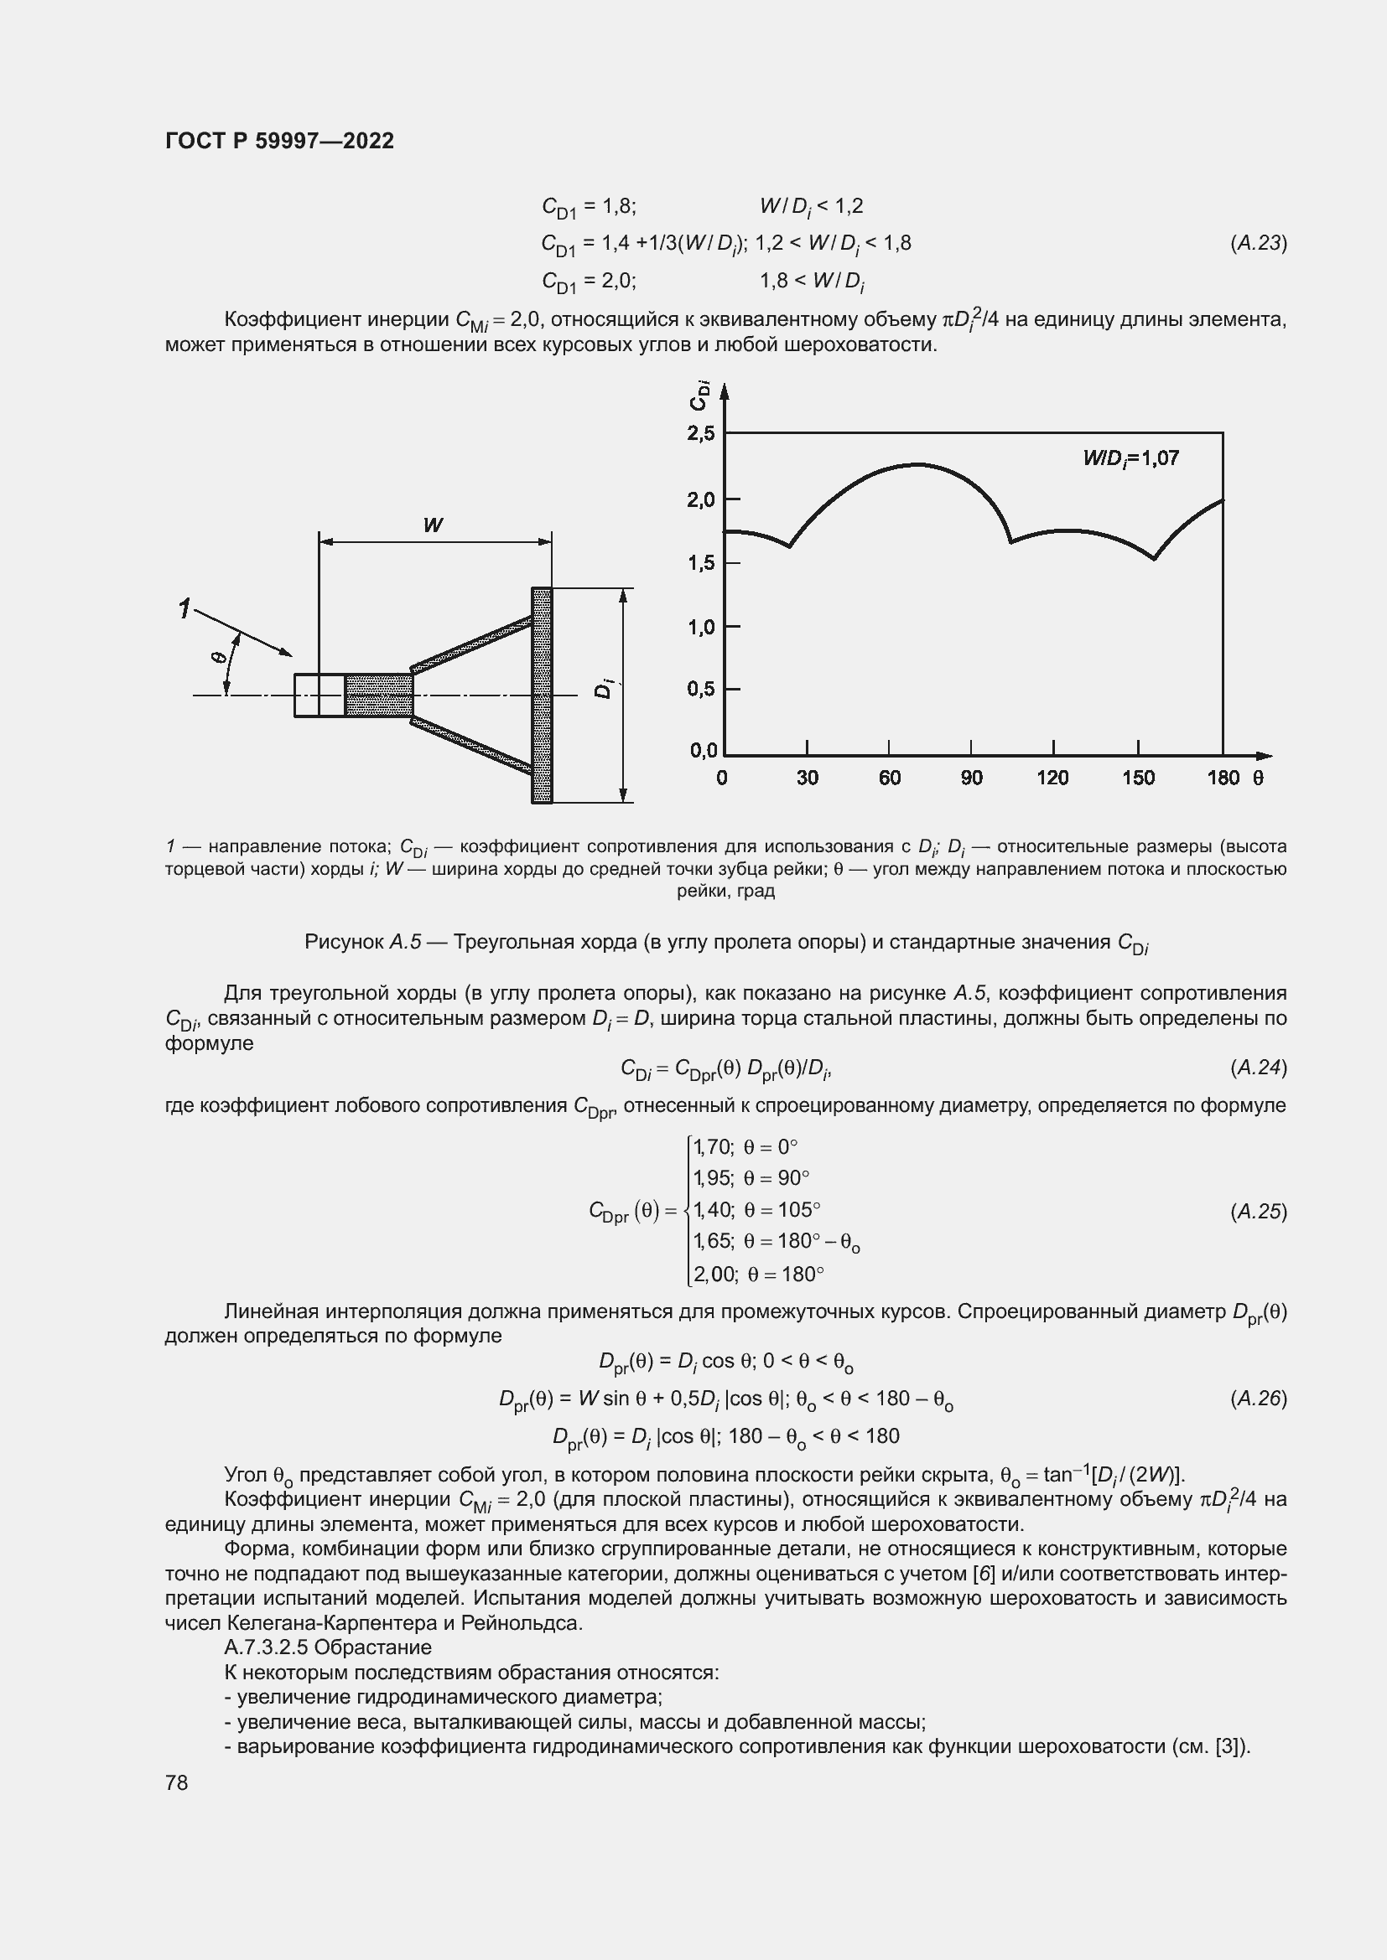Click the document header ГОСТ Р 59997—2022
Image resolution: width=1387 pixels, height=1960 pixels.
(279, 141)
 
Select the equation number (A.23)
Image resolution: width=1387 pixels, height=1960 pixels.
(1258, 243)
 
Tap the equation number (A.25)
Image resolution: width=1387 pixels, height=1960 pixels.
(1258, 1212)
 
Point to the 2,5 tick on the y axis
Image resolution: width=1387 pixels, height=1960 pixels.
(700, 434)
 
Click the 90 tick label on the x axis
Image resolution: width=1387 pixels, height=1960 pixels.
(971, 778)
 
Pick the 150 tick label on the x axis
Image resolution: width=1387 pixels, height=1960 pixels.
(1138, 778)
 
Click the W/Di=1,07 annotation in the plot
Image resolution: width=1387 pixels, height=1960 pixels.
(1130, 459)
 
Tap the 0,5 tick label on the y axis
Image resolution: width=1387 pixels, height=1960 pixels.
(700, 688)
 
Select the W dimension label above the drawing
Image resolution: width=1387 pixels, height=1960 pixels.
(433, 525)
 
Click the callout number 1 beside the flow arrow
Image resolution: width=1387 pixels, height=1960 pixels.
(184, 608)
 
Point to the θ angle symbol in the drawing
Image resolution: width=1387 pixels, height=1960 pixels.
(217, 657)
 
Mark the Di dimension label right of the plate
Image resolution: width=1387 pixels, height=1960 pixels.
(604, 687)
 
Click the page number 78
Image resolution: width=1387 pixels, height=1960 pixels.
(177, 1782)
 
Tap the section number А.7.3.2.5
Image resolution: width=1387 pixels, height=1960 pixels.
(267, 1647)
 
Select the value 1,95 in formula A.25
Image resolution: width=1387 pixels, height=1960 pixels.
(713, 1179)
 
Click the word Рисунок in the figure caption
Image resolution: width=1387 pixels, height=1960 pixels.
(344, 942)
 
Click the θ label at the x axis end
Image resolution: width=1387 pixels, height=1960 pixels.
(1257, 778)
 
